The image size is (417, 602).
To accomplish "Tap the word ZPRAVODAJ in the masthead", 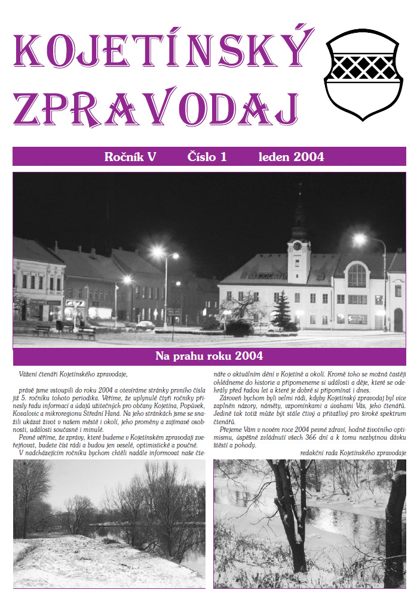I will click(x=155, y=110).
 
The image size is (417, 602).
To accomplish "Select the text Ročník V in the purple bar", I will click(x=130, y=157).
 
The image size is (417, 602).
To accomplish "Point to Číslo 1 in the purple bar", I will click(x=207, y=157).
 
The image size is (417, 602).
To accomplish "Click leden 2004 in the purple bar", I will click(x=291, y=157).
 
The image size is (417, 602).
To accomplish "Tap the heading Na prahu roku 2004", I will click(x=208, y=357).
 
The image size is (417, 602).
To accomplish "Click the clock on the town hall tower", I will click(x=297, y=246).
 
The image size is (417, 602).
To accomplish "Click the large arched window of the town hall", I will click(x=357, y=276).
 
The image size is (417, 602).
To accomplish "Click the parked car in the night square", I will click(x=145, y=325).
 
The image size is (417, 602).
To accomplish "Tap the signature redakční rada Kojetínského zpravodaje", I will click(x=352, y=453).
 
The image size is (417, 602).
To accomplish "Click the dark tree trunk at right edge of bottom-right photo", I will click(x=395, y=525).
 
